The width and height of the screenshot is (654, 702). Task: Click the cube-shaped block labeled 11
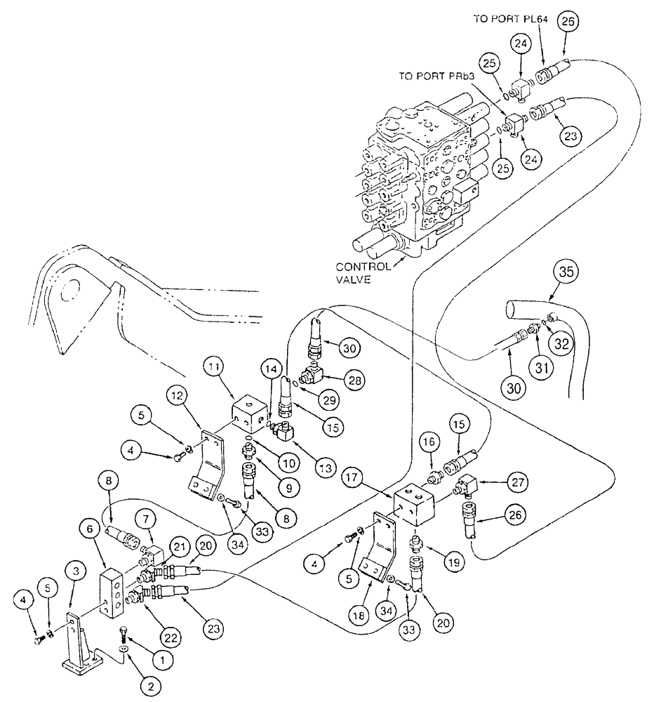(250, 415)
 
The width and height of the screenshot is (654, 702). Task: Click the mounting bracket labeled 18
(379, 548)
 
